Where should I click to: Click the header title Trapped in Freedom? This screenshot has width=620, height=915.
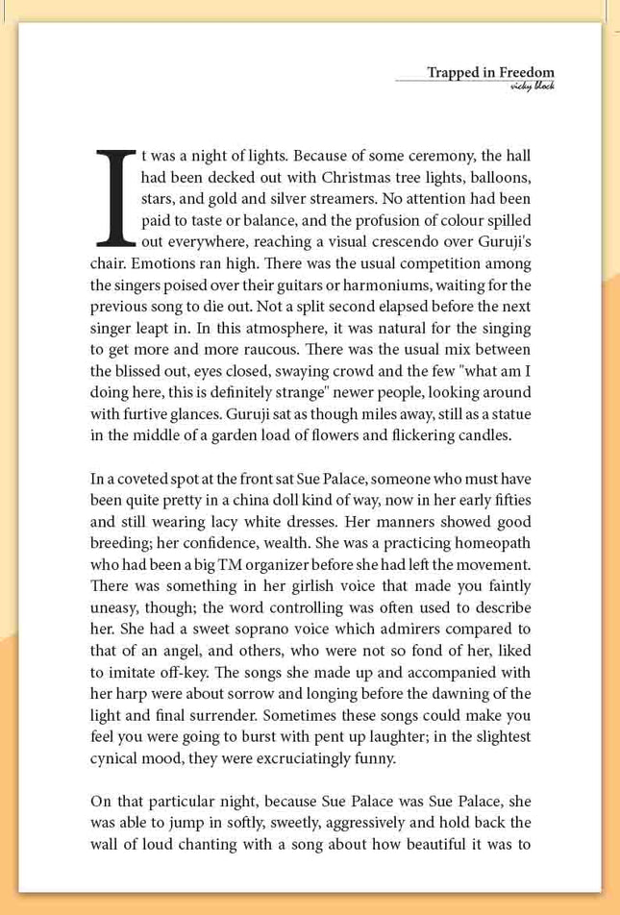tap(490, 72)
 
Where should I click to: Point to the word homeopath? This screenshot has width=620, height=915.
tap(493, 543)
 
